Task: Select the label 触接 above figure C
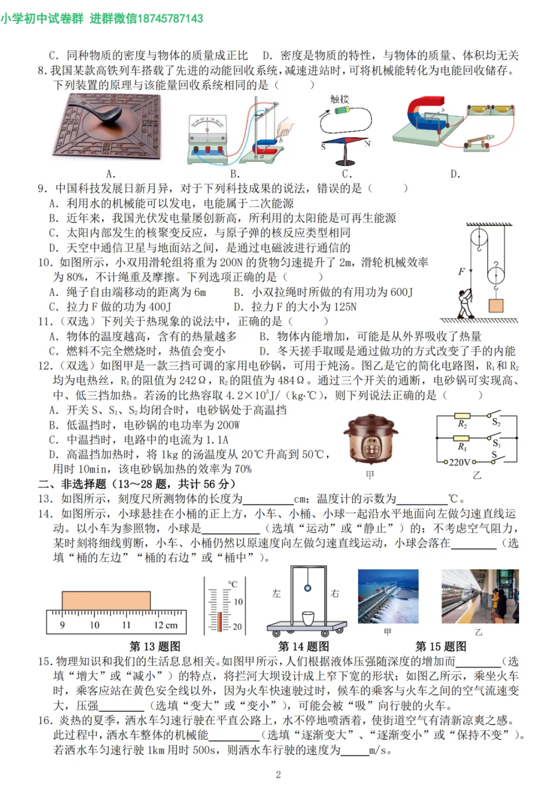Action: point(340,99)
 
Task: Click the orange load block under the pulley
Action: point(496,305)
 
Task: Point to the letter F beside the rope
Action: point(461,271)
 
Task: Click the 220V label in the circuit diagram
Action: point(459,462)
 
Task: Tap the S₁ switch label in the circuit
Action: point(496,443)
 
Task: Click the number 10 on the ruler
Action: point(94,625)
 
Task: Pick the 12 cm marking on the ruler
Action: point(165,625)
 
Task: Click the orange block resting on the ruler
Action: point(106,601)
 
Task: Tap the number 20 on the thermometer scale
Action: point(237,627)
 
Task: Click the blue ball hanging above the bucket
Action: point(308,588)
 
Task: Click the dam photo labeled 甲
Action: point(388,597)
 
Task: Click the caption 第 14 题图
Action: point(303,646)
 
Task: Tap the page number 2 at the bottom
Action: point(278,774)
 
